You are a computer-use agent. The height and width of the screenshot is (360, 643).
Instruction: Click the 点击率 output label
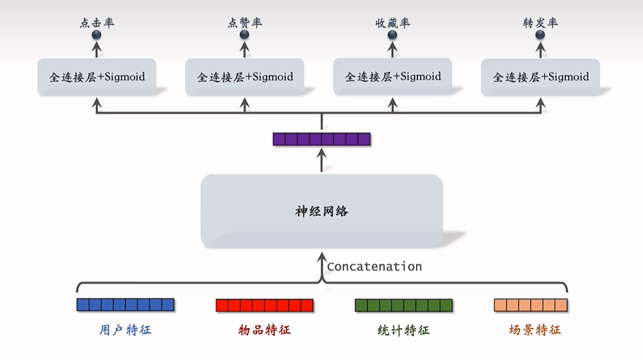coord(96,23)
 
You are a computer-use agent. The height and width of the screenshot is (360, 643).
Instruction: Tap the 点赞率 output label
coord(244,23)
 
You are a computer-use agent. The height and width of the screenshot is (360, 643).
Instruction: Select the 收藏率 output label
coord(393,23)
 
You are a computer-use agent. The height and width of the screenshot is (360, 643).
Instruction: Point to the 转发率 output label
coord(540,23)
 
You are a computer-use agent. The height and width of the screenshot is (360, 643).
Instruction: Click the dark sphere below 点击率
coord(96,34)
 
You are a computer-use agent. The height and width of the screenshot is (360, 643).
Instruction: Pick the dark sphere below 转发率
coord(540,34)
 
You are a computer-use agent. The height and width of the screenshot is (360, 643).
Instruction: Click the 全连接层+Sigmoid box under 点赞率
coord(245,77)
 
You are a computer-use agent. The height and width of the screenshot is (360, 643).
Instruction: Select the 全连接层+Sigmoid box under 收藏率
coord(393,76)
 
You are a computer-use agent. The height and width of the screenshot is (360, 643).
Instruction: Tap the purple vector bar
coord(321,139)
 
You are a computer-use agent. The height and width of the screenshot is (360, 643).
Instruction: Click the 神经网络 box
coord(321,211)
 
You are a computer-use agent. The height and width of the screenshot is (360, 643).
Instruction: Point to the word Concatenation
coord(374,267)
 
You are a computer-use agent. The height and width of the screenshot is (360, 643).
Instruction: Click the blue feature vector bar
coord(125,305)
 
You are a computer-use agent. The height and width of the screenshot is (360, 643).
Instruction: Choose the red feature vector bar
coord(265,305)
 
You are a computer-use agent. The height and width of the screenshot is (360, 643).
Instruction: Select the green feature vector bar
coord(404,305)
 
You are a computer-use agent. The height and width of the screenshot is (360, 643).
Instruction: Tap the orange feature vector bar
coord(530,305)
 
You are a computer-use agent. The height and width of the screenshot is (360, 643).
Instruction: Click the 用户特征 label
coord(125,330)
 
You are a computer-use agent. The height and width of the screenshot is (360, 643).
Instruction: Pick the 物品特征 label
coord(265,330)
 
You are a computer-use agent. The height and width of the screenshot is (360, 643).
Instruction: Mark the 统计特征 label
coord(404,330)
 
